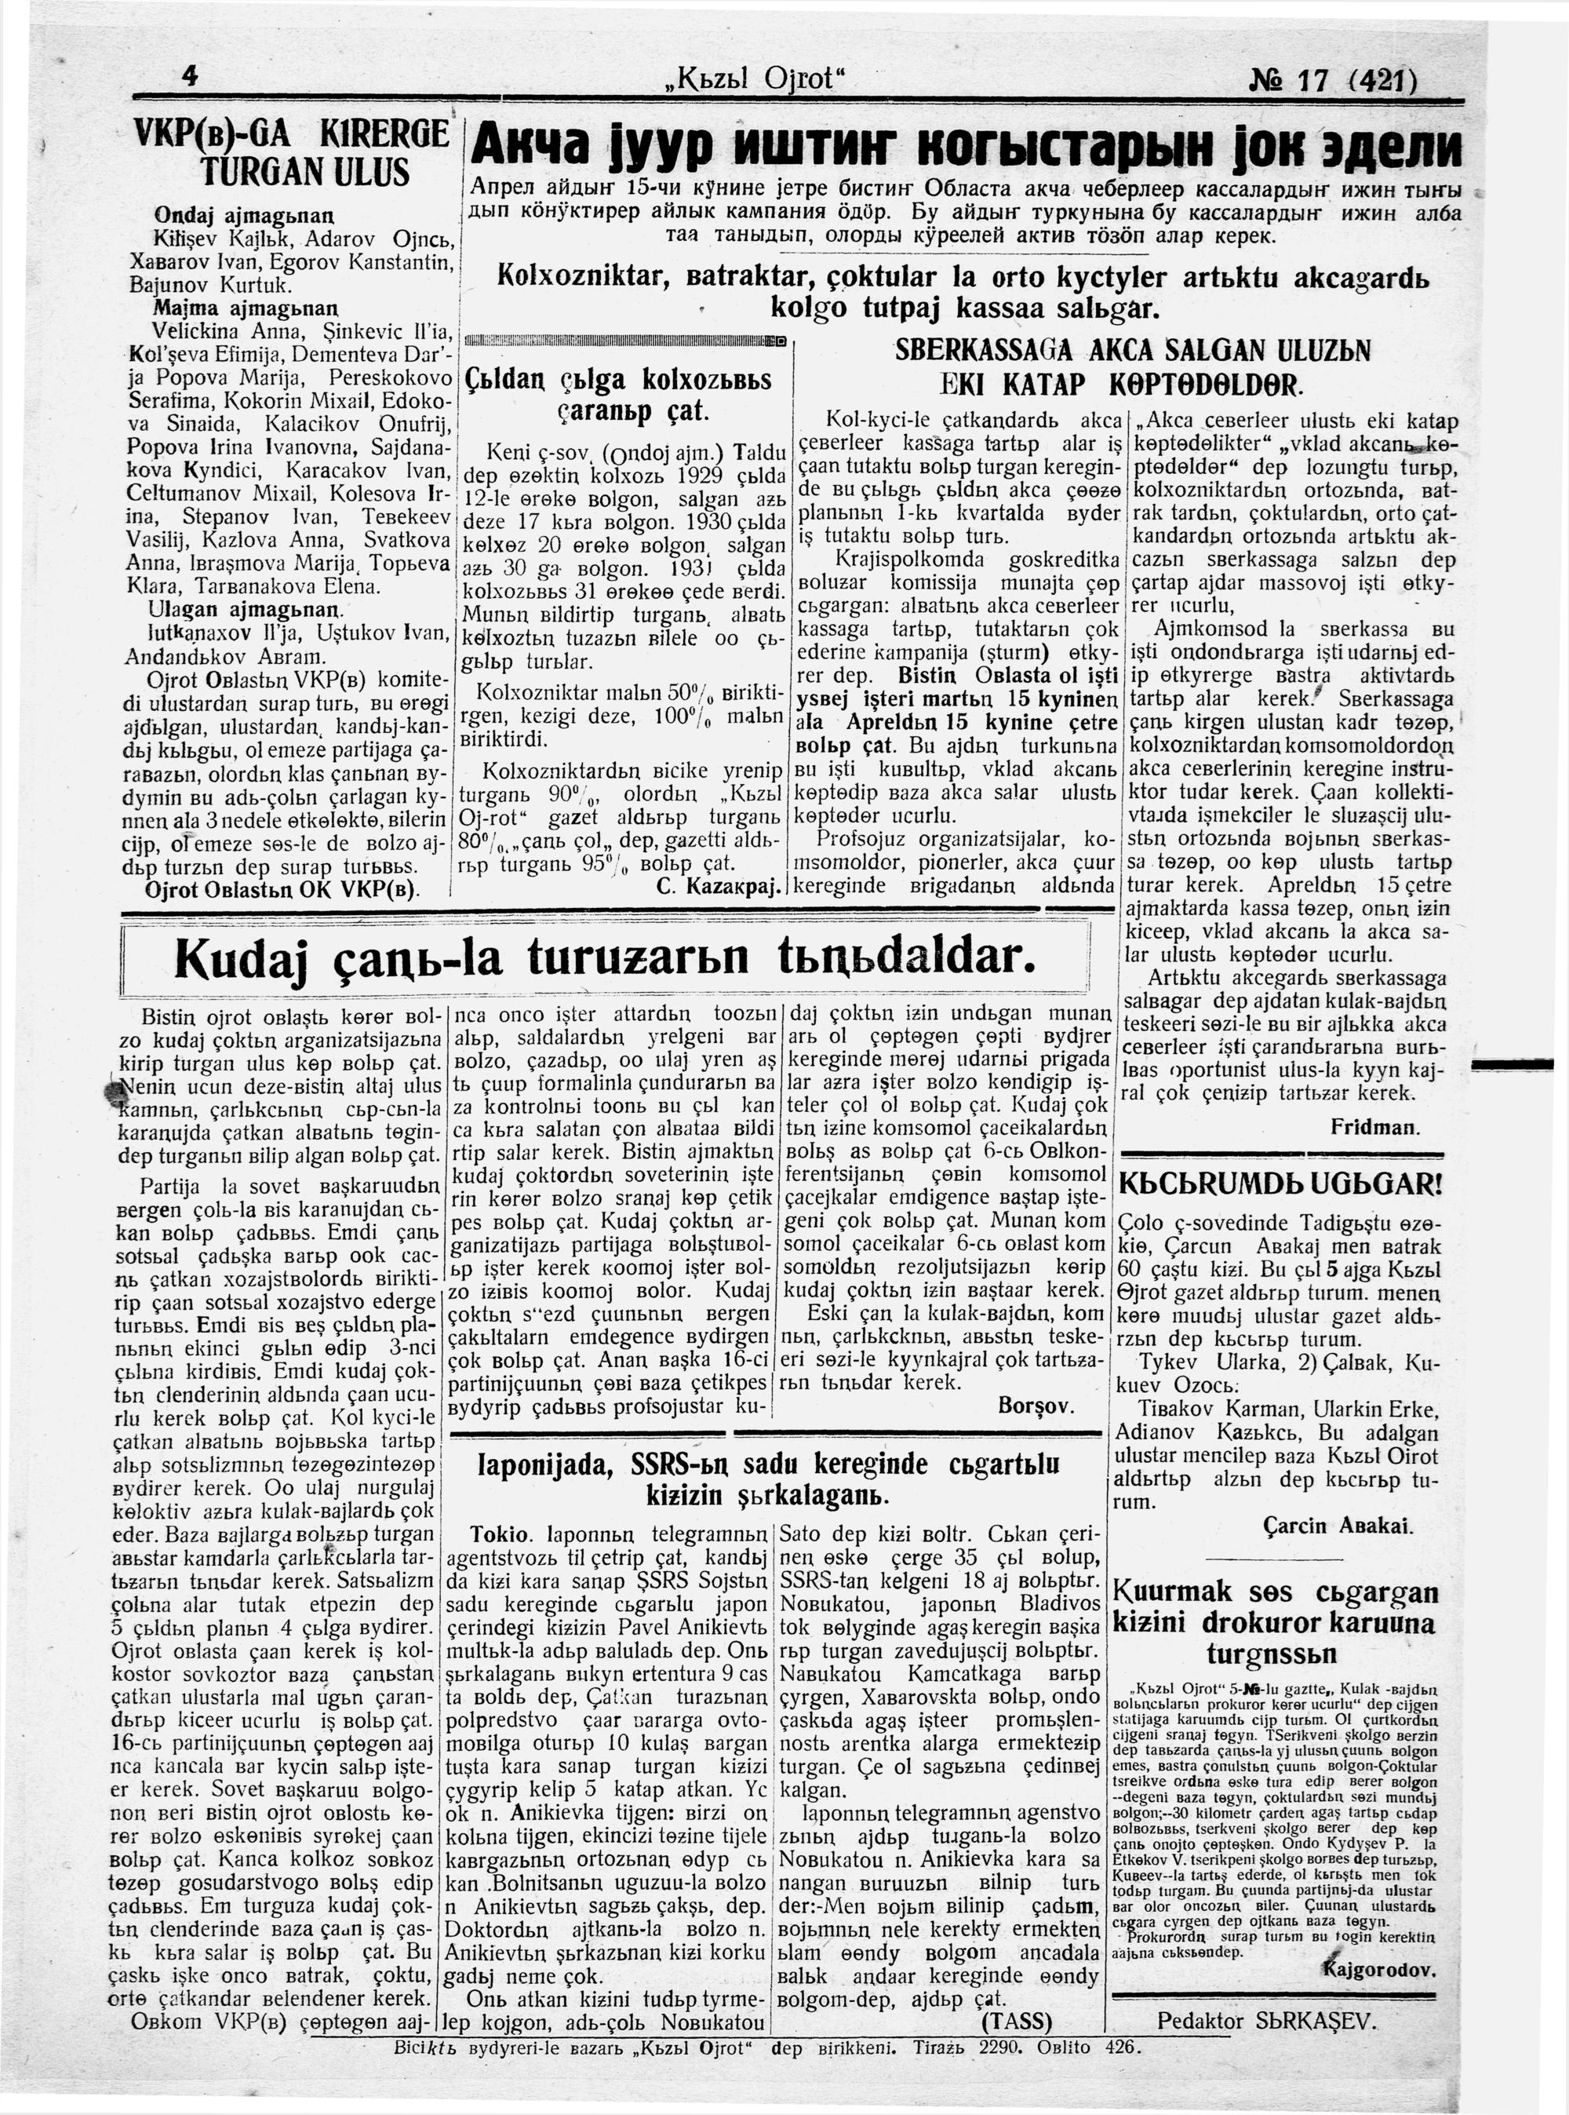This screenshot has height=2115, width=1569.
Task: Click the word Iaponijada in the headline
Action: point(537,1463)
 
